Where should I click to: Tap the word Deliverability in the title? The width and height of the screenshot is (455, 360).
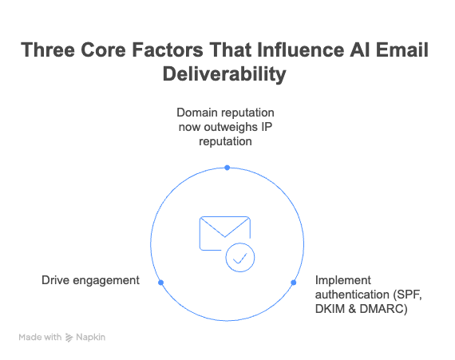227,76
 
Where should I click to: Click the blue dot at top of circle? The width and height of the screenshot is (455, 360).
227,168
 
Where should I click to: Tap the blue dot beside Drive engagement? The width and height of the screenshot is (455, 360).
160,283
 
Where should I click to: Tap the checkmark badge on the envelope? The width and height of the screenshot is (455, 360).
239,258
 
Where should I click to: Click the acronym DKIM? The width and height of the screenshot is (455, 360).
332,309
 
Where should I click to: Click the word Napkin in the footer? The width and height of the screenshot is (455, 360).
92,338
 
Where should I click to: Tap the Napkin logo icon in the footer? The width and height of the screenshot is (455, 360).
70,338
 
